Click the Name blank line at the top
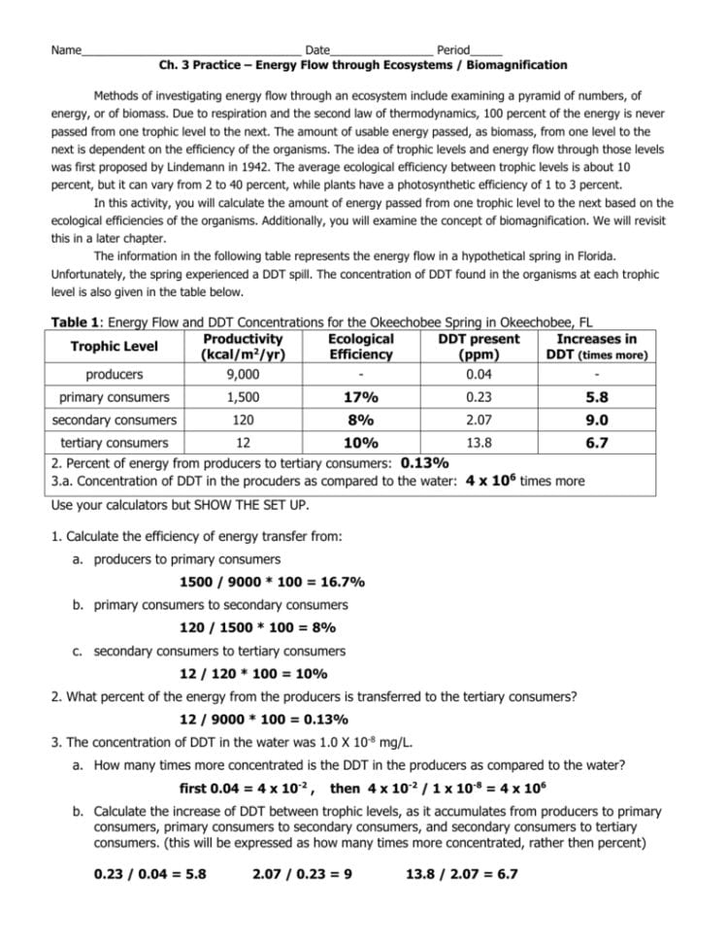(x=190, y=50)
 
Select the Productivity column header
(x=243, y=347)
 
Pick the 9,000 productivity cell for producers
(x=243, y=374)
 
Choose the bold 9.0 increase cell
(x=596, y=421)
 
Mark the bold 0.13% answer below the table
(x=423, y=462)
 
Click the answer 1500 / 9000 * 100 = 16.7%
(x=272, y=583)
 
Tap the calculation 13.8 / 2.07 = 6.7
(x=462, y=874)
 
